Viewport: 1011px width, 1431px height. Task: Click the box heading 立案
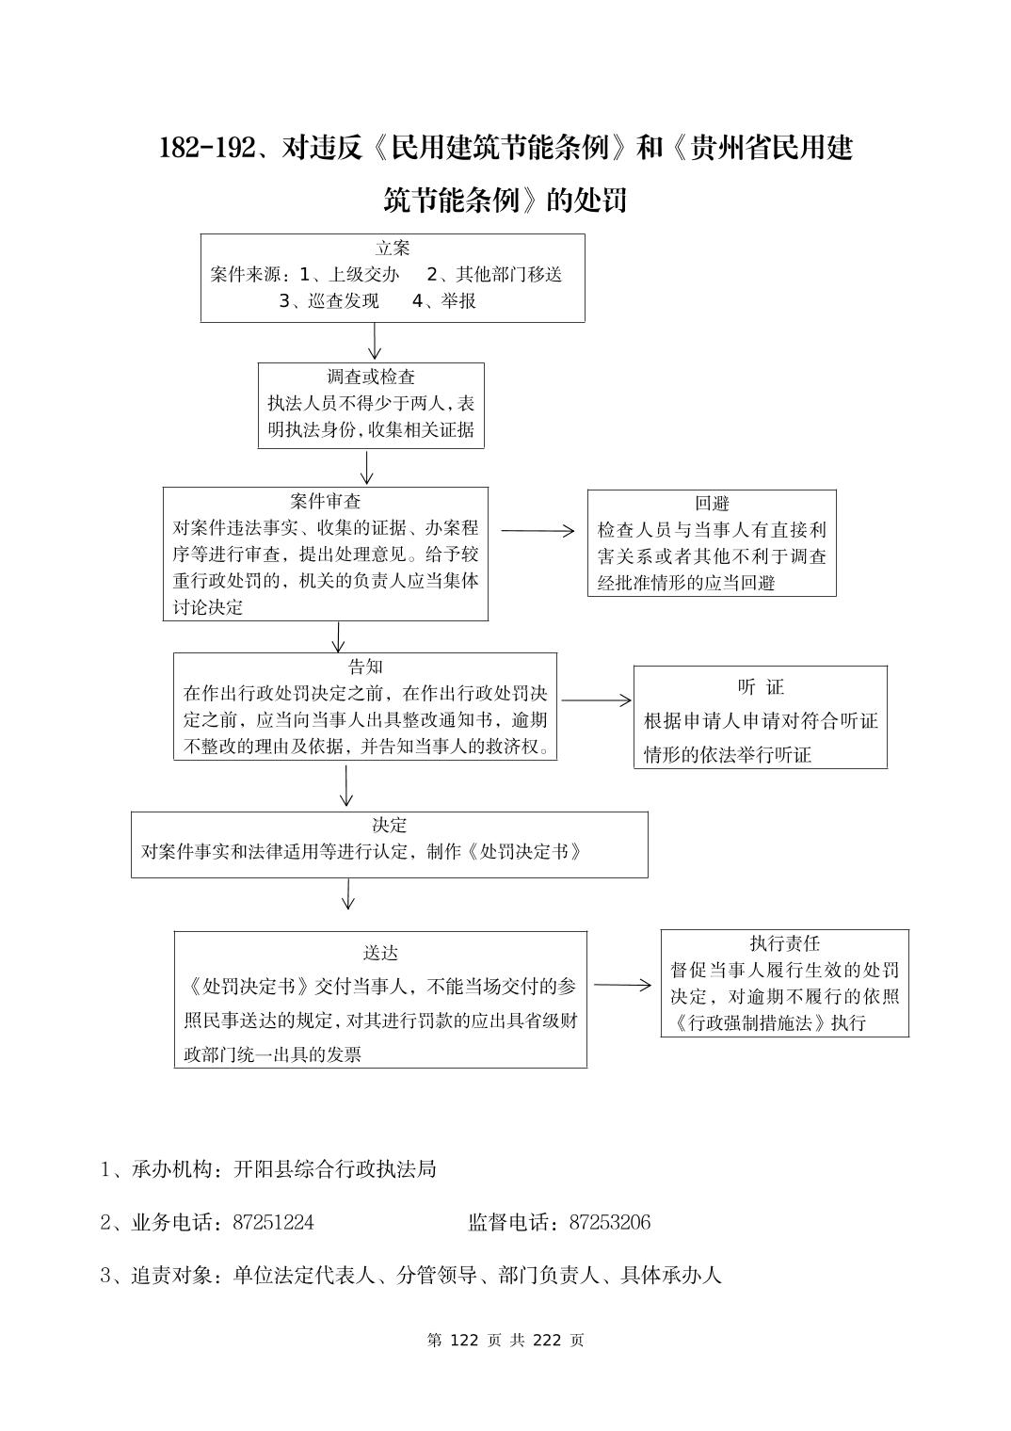pos(393,249)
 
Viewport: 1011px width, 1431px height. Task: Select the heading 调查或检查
pos(371,378)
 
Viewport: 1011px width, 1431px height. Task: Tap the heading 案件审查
pos(325,501)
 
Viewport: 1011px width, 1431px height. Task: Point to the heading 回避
pos(712,504)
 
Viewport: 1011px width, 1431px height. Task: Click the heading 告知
pos(365,667)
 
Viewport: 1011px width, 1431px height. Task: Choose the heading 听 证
pos(760,686)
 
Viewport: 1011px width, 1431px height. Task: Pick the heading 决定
pos(389,825)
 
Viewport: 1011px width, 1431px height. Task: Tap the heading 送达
pos(380,953)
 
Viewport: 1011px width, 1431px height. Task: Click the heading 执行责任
pos(784,943)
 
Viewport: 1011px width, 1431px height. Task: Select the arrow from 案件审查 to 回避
pos(538,531)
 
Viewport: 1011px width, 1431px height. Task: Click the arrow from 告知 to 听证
pos(597,700)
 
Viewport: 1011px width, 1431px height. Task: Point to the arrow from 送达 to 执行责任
pos(622,986)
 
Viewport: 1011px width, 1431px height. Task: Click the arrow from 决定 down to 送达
pos(348,894)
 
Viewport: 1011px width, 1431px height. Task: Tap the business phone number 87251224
pos(273,1223)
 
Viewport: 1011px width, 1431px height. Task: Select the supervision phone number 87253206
pos(609,1223)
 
